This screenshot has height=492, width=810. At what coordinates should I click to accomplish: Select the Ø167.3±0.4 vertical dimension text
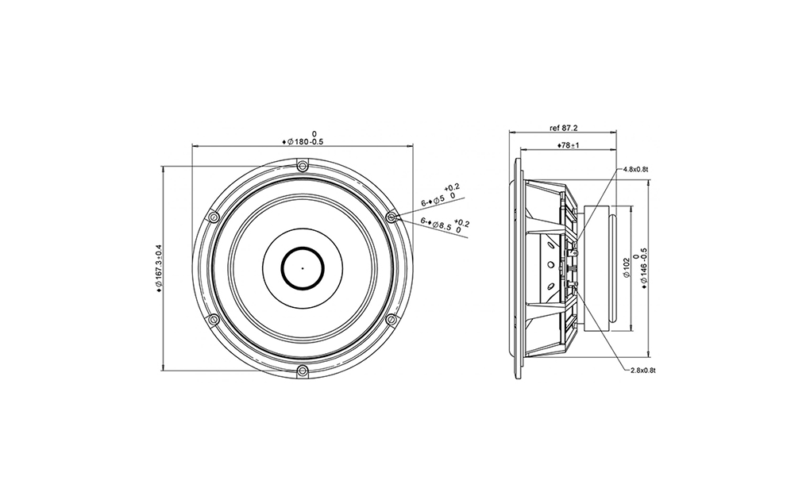(x=159, y=269)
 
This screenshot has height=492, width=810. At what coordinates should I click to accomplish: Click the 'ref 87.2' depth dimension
(x=563, y=126)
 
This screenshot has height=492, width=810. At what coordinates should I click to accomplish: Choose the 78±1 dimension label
(x=569, y=145)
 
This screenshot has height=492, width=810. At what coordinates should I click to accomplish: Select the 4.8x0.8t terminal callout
(x=637, y=169)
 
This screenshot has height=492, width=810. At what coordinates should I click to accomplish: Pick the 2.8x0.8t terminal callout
(x=642, y=370)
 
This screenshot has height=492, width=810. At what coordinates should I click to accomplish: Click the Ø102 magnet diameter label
(x=627, y=268)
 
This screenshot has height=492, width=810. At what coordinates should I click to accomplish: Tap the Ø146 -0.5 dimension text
(x=644, y=268)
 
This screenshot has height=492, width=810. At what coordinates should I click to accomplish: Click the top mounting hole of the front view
(x=303, y=166)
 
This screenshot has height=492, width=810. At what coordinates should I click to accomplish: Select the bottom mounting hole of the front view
(x=303, y=370)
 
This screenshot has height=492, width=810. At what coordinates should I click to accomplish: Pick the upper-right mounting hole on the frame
(x=391, y=217)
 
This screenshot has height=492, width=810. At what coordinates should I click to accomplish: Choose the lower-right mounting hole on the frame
(x=391, y=319)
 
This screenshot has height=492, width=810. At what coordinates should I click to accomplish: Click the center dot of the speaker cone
(x=303, y=267)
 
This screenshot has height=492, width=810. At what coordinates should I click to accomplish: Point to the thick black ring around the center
(x=303, y=247)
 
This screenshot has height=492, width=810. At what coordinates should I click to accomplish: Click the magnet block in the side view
(x=596, y=268)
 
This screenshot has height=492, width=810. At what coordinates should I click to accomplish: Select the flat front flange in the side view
(x=518, y=268)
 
